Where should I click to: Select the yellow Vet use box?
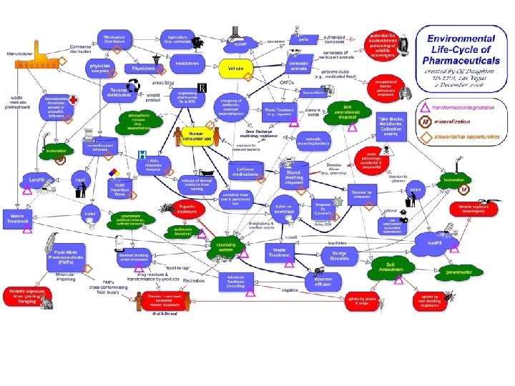pos(236,69)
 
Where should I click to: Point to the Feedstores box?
pos(187,64)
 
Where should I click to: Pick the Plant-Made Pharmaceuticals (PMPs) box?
pos(72,256)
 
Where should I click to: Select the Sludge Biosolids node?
pos(338,255)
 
